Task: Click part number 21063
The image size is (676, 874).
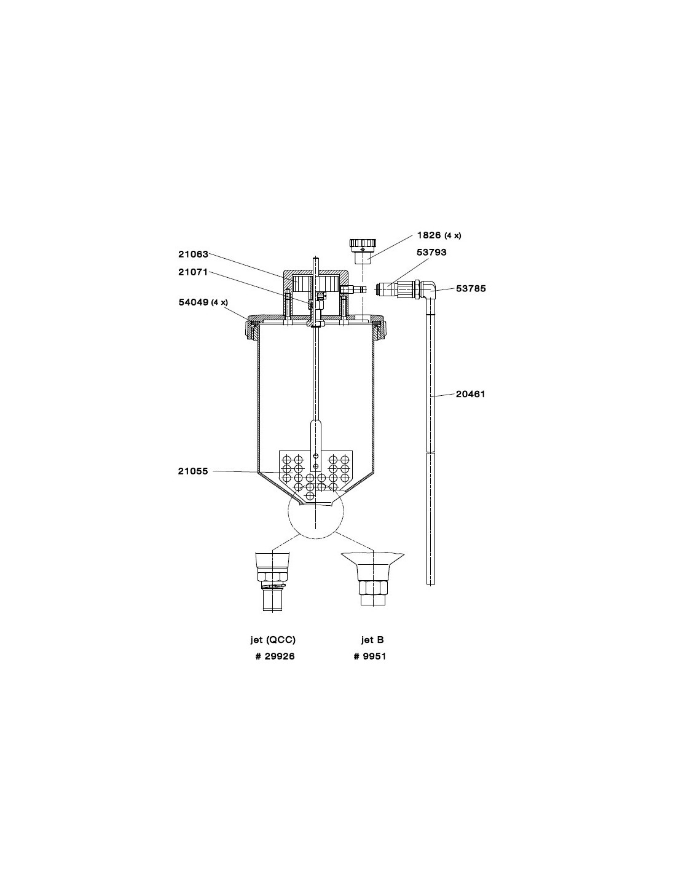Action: [194, 254]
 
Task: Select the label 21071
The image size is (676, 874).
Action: [193, 272]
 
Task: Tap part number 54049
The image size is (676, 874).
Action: [194, 302]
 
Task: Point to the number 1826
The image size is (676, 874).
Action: [429, 235]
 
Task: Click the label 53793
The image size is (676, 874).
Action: [431, 252]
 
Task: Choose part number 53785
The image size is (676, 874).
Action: [471, 288]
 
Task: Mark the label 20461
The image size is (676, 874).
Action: [471, 394]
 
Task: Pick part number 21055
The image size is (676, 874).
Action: [193, 471]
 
